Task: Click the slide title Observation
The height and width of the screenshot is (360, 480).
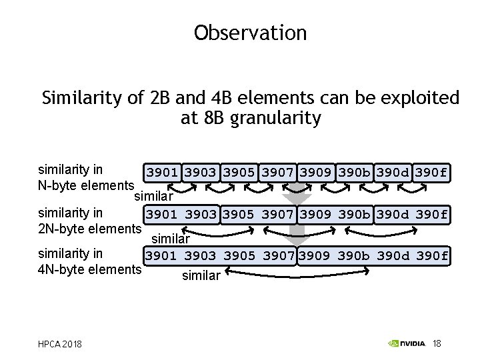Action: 250,33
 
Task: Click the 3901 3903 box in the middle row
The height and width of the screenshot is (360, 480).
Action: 181,215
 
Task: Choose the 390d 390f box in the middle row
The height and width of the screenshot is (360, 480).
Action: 413,215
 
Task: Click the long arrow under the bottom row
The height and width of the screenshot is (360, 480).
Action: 298,271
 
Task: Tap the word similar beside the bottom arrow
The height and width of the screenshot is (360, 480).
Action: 201,275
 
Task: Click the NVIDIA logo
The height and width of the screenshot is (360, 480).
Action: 407,343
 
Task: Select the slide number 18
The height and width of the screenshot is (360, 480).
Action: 437,343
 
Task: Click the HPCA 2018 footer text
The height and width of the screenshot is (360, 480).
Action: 61,344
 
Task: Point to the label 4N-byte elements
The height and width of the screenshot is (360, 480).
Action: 90,269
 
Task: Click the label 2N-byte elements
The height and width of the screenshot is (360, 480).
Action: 90,229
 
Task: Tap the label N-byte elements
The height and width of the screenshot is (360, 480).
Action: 87,185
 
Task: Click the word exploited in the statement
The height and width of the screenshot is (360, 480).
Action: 419,99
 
